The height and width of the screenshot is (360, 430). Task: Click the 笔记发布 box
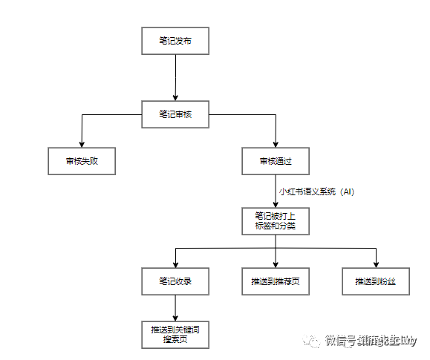(175, 41)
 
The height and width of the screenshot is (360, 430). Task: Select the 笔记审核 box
(175, 114)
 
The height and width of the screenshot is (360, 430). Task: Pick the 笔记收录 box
(175, 281)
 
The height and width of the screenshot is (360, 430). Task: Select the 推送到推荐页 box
(276, 281)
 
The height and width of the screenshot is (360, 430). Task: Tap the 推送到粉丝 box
(377, 281)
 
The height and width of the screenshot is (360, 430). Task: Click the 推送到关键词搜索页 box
(175, 333)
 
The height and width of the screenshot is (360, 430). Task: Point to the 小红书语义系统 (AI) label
(316, 192)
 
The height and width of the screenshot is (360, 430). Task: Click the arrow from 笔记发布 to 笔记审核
(175, 77)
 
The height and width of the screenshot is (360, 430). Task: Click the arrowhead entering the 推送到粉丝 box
(377, 264)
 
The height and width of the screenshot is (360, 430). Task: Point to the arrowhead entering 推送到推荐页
(276, 264)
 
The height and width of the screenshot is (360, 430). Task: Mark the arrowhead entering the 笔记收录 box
(175, 264)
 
